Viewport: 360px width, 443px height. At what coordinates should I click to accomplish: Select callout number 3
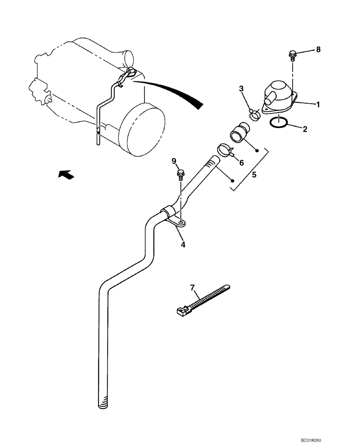242,89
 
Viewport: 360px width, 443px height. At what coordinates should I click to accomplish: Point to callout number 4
183,244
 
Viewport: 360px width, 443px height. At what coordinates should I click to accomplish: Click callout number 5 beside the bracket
254,175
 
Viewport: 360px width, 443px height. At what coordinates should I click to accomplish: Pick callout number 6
242,163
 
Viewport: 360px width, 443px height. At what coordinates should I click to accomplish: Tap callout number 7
193,288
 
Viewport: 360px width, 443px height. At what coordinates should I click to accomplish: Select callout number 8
318,50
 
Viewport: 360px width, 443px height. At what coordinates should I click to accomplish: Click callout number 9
174,160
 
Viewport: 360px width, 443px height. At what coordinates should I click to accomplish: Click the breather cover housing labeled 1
278,94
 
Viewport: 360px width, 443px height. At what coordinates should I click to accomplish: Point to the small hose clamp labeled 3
255,115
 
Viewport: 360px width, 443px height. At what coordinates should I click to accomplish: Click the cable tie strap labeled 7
202,300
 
